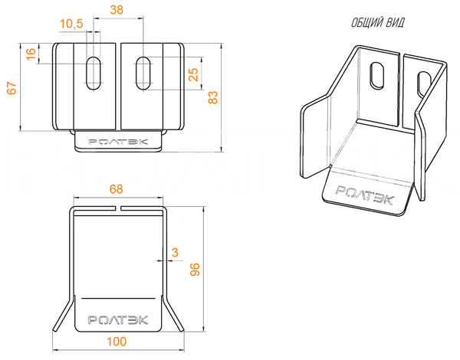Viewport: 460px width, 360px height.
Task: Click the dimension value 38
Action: coord(117,10)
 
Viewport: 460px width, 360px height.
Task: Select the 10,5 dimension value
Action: coord(71,24)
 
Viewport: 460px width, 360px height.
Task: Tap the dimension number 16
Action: coord(31,54)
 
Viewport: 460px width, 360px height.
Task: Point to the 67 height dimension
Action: coord(12,87)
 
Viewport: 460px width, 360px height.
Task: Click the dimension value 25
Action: coord(193,74)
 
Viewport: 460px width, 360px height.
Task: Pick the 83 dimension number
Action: coord(213,97)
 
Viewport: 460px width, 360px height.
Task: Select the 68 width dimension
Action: coord(117,189)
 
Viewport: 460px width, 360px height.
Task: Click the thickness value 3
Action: coord(175,252)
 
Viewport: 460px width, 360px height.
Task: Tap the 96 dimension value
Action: coord(195,270)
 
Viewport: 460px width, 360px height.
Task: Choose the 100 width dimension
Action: coord(117,342)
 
